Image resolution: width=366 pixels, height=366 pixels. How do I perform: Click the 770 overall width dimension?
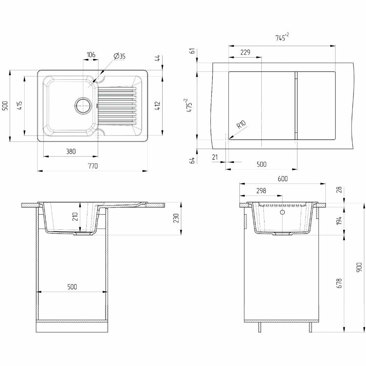[93, 166]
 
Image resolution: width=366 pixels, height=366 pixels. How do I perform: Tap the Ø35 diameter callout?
[119, 56]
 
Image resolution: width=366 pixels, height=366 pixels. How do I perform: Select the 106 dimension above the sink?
[91, 55]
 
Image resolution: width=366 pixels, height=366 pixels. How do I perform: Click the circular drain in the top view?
[84, 105]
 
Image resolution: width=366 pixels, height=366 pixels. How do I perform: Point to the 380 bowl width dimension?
[70, 151]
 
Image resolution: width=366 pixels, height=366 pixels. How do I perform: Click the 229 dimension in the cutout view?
[245, 53]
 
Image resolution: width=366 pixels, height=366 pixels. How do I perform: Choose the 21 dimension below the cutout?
[215, 158]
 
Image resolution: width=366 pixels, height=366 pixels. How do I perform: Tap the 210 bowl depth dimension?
[75, 217]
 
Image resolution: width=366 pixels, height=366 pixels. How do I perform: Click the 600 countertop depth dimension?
[283, 179]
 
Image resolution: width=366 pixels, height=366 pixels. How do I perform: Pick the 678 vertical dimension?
[339, 284]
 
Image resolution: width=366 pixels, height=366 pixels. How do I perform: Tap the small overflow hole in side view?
[282, 212]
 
